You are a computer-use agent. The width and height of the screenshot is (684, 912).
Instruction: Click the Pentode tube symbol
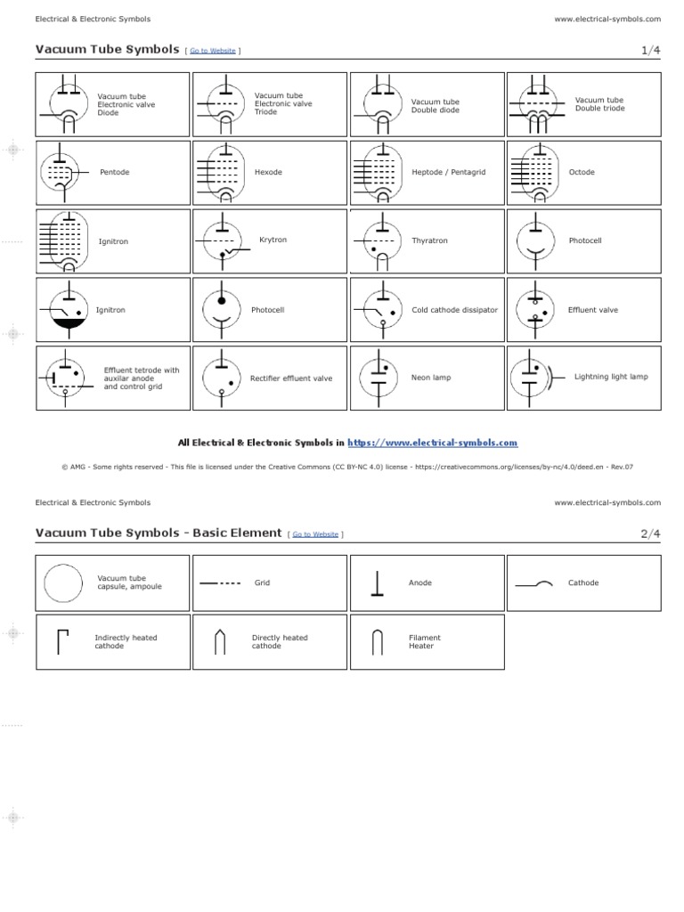click(x=60, y=170)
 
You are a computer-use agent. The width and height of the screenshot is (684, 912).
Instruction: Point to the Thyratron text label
click(x=429, y=240)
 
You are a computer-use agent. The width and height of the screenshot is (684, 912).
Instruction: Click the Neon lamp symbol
click(x=378, y=377)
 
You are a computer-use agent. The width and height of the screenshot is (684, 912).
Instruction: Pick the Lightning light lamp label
click(x=611, y=377)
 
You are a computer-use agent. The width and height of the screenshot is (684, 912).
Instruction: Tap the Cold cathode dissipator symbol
click(x=377, y=309)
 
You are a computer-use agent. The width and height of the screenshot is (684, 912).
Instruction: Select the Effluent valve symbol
click(x=534, y=309)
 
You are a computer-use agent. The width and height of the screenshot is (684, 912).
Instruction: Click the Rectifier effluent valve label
click(x=291, y=379)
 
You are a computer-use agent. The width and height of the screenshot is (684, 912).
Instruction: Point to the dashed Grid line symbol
click(x=220, y=583)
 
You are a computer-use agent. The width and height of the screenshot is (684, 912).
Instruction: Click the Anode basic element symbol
click(x=377, y=583)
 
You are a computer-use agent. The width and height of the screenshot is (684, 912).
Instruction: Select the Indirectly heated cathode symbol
click(x=62, y=641)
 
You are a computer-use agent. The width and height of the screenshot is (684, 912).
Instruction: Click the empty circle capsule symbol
click(x=62, y=583)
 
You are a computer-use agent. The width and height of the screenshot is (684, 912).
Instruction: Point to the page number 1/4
click(x=651, y=51)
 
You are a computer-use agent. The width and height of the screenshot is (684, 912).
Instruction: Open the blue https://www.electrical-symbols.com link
click(x=432, y=443)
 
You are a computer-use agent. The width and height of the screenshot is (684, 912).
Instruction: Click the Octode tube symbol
click(x=533, y=170)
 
